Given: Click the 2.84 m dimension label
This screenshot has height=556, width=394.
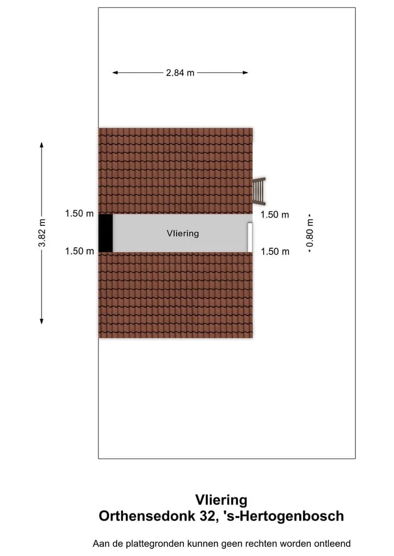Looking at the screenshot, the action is (180, 73).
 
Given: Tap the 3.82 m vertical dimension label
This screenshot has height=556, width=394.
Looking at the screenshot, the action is (42, 233).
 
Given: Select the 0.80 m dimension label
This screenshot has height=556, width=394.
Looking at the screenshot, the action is (310, 233).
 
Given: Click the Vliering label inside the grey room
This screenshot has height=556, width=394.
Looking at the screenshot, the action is (183, 233).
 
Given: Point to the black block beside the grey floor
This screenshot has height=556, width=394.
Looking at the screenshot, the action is (106, 233).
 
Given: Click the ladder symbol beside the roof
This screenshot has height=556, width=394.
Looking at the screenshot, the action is (259, 191).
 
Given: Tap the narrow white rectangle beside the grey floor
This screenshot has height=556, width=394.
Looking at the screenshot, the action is (250, 237).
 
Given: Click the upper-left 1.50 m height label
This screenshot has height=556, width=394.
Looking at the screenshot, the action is (79, 213).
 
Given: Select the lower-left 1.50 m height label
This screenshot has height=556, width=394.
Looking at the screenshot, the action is (79, 251).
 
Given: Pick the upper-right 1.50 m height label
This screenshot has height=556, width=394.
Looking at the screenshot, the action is (275, 214).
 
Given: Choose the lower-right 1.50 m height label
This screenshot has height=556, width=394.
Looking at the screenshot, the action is (275, 251).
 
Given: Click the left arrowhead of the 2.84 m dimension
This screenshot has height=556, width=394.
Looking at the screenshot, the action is (115, 73).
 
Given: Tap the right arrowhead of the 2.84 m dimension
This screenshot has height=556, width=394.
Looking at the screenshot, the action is (245, 73).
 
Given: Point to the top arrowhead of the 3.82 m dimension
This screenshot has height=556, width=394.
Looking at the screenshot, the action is (42, 145).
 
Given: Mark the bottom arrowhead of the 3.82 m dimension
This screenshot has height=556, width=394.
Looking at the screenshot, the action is (42, 321).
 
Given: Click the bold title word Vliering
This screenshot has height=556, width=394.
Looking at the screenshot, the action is (221, 500).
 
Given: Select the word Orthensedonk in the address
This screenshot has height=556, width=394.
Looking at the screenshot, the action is (147, 516).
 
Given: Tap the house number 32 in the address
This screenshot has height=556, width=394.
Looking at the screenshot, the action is (207, 516).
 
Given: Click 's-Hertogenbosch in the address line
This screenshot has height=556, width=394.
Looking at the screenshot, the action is (283, 516).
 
